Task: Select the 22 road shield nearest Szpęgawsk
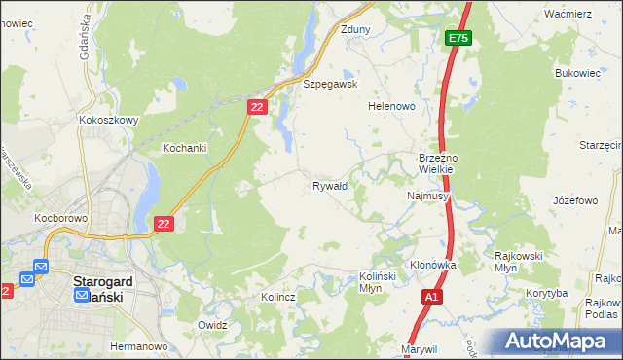(x=257, y=108)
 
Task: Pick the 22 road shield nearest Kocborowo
(x=163, y=224)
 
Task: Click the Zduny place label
(x=355, y=29)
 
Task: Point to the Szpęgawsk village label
(x=331, y=84)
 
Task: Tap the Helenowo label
(x=391, y=106)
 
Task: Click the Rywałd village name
(x=329, y=185)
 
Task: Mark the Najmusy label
(x=426, y=196)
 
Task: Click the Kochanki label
(x=184, y=148)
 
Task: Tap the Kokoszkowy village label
(x=108, y=121)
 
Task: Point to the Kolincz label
(x=278, y=297)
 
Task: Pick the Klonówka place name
(x=433, y=265)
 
